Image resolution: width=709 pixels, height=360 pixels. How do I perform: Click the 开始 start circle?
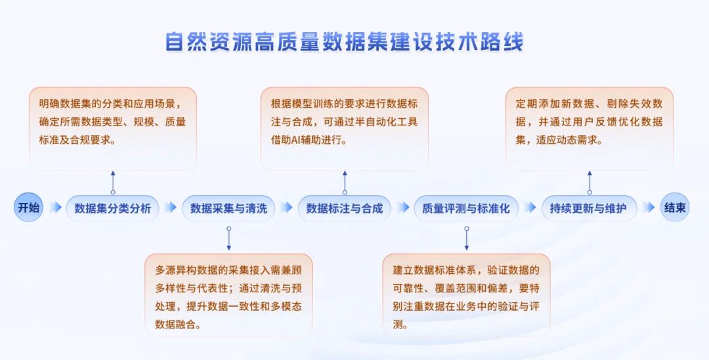pyautogui.click(x=28, y=208)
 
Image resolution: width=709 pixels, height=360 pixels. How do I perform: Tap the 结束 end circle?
pyautogui.click(x=675, y=208)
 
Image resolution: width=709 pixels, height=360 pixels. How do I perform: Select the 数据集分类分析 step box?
pyautogui.click(x=113, y=208)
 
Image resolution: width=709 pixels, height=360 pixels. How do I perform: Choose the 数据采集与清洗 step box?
pyautogui.click(x=228, y=208)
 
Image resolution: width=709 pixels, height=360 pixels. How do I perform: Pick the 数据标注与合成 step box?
pyautogui.click(x=344, y=208)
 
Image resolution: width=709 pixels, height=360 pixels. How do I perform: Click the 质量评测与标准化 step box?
pyautogui.click(x=465, y=208)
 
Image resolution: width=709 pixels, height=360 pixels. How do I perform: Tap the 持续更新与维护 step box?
pyautogui.click(x=589, y=208)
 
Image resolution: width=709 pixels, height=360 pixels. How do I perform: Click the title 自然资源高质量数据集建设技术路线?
pyautogui.click(x=344, y=41)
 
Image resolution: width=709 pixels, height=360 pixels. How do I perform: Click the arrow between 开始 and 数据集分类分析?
pyautogui.click(x=56, y=208)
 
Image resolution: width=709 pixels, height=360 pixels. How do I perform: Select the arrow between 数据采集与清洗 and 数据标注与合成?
pyautogui.click(x=287, y=208)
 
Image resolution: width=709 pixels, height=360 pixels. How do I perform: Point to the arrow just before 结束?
pyautogui.click(x=649, y=208)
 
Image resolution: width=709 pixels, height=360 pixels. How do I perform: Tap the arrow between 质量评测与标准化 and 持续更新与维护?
pyautogui.click(x=530, y=208)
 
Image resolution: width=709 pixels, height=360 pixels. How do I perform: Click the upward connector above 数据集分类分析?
pyautogui.click(x=113, y=183)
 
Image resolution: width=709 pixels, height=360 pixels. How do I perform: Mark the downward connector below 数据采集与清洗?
pyautogui.click(x=229, y=238)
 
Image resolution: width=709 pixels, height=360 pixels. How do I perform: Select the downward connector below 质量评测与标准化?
pyautogui.click(x=467, y=238)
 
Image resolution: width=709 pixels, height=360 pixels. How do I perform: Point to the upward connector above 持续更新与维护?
pyautogui.click(x=590, y=183)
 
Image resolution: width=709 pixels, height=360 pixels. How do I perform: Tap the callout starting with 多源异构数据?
pyautogui.click(x=228, y=296)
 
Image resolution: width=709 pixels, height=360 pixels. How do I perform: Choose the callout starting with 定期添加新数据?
pyautogui.click(x=589, y=129)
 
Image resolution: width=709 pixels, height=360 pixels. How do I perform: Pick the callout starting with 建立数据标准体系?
pyautogui.click(x=466, y=296)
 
